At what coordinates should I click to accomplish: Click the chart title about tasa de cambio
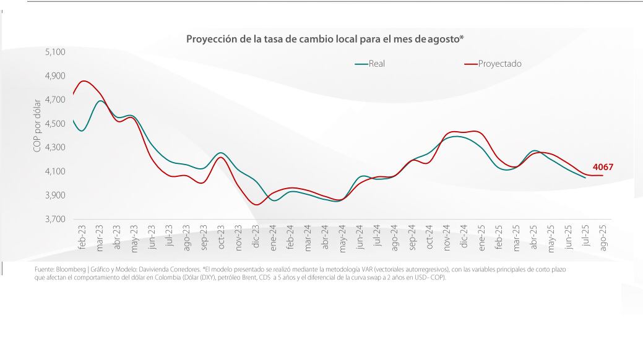tap(325, 39)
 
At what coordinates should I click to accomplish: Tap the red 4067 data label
tap(603, 167)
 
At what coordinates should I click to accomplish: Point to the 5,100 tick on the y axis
tap(55, 52)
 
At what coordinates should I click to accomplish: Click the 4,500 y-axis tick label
tap(55, 124)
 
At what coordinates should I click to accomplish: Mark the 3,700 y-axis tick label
tap(55, 220)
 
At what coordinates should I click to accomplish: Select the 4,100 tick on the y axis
tap(55, 171)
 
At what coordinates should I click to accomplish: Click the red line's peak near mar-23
tap(84, 81)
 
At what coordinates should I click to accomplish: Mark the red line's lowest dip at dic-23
tap(257, 205)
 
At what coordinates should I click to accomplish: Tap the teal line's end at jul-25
tap(585, 178)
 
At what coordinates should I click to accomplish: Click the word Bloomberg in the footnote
tap(71, 270)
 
